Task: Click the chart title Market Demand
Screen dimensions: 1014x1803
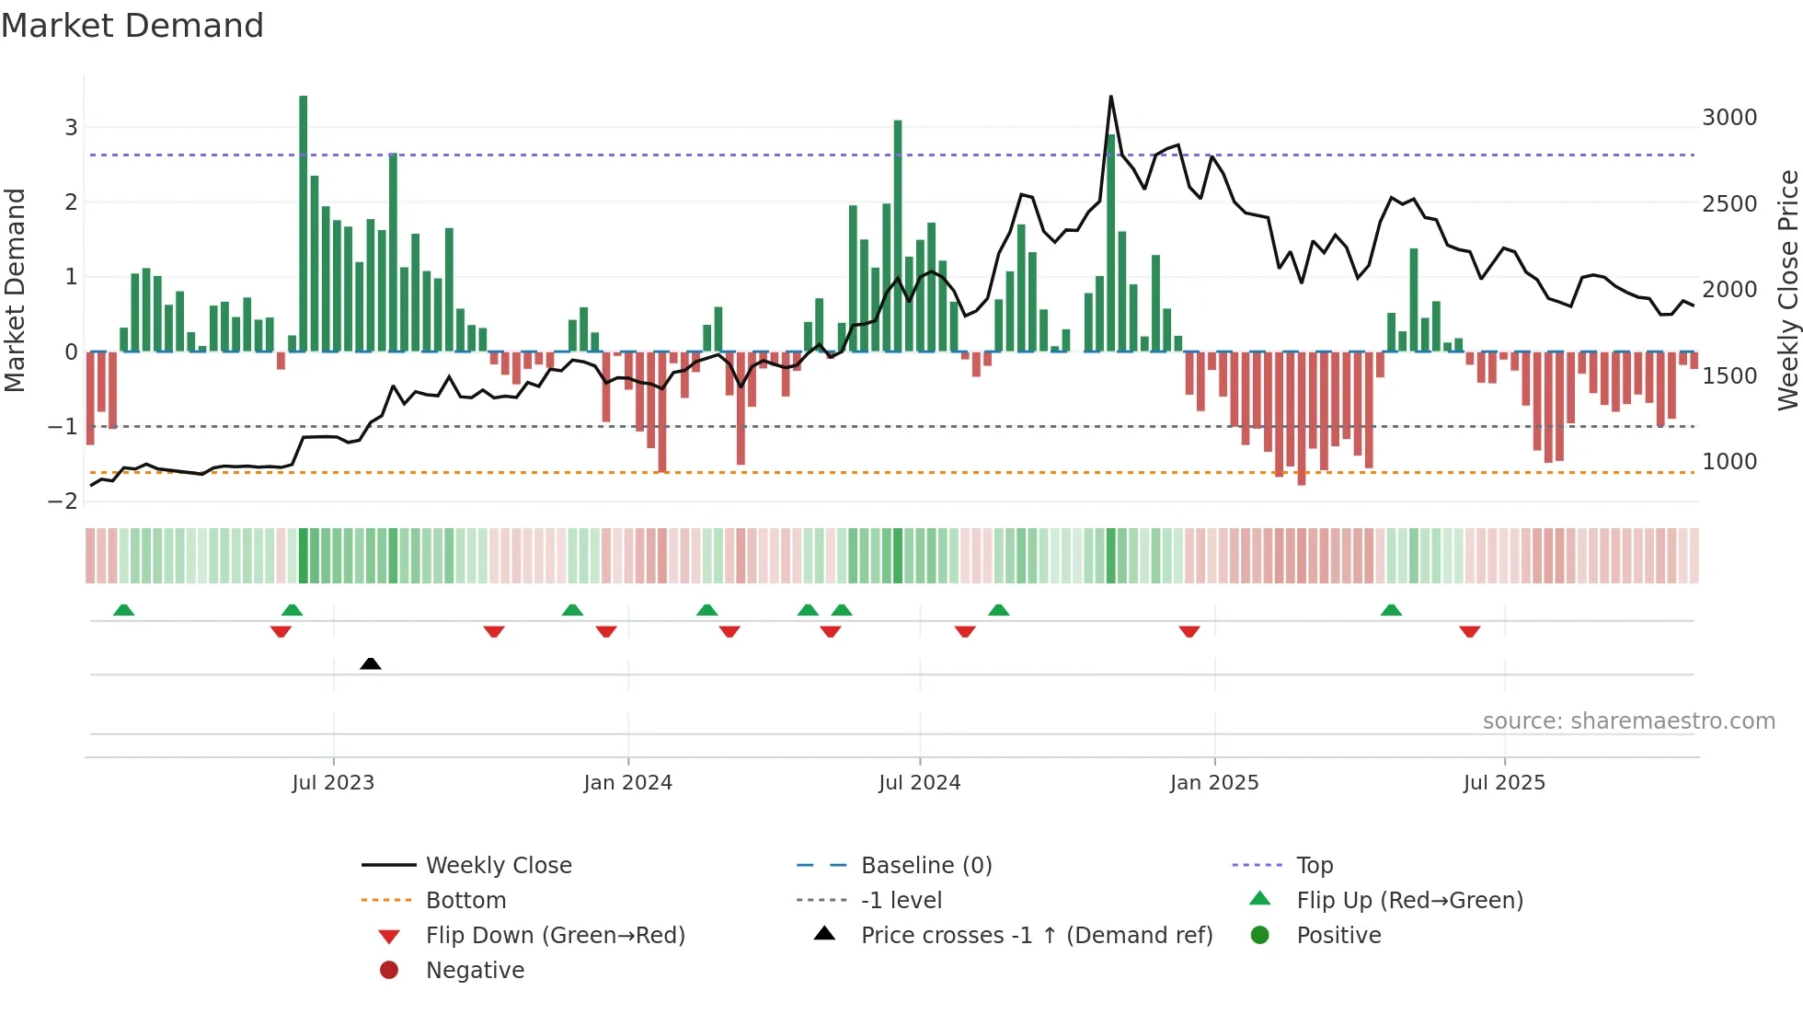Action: (132, 26)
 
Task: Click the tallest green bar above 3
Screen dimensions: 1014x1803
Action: (304, 221)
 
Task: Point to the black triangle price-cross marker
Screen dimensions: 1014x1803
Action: (371, 663)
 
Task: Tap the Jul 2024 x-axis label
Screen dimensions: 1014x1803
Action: (919, 783)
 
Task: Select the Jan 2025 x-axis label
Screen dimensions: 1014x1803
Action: (1213, 783)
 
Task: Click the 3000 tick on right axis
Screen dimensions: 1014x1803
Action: (1728, 118)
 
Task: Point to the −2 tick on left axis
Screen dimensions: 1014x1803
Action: (63, 501)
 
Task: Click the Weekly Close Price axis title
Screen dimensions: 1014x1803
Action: (1787, 290)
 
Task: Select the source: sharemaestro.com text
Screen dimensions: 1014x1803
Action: (1628, 721)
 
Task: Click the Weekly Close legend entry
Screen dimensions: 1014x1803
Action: (499, 866)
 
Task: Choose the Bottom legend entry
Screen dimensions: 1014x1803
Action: (465, 901)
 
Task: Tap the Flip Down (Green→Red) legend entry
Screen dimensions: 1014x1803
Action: (555, 936)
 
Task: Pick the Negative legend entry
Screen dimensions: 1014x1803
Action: (475, 971)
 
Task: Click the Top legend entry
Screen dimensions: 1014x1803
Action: (1315, 866)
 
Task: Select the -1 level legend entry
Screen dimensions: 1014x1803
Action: (901, 901)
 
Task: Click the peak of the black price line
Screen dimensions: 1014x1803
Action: (1111, 97)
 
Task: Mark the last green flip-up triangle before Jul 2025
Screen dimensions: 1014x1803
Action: (1391, 610)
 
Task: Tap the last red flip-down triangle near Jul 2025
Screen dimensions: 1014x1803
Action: (1469, 631)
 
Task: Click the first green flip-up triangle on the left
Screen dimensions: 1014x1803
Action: (123, 610)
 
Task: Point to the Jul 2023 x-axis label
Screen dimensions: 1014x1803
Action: (333, 783)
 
